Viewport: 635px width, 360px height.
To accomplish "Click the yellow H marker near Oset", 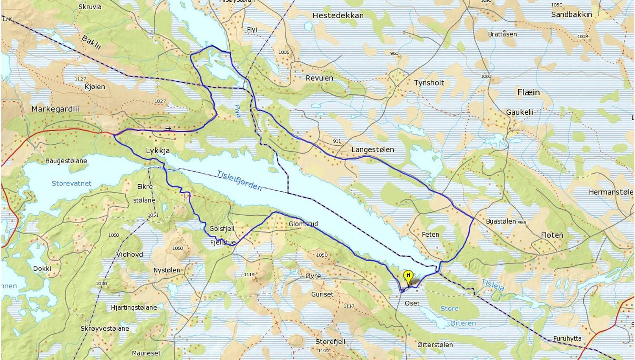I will pos(408,276).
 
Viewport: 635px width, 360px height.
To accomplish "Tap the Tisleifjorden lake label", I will pos(239,180).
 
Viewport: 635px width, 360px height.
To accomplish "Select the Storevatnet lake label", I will pos(72,183).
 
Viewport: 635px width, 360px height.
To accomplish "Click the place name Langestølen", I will pos(373,150).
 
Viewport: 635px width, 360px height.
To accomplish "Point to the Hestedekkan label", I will pos(338,15).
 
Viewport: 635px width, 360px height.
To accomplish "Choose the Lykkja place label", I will pos(158,150).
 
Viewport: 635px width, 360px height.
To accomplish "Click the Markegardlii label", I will pos(55,109).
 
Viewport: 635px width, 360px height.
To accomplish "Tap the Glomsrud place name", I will pos(303,224).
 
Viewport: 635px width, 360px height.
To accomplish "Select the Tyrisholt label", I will pos(429,83).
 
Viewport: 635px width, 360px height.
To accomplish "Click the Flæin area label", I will pos(528,92).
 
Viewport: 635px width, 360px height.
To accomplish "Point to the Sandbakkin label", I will pos(571,14).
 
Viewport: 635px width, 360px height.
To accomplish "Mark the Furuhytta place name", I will pos(567,338).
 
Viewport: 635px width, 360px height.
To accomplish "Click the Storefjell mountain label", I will pos(330,341).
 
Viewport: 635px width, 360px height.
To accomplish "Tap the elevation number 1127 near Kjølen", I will pos(80,79).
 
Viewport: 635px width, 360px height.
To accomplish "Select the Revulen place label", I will pos(319,78).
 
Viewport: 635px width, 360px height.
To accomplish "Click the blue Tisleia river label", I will pos(493,285).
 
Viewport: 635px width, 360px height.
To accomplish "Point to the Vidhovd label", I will pos(130,254).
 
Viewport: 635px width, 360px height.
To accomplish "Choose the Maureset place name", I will pos(146,353).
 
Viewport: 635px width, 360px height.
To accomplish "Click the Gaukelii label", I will pos(519,112).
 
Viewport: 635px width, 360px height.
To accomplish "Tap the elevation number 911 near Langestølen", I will pos(337,141).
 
